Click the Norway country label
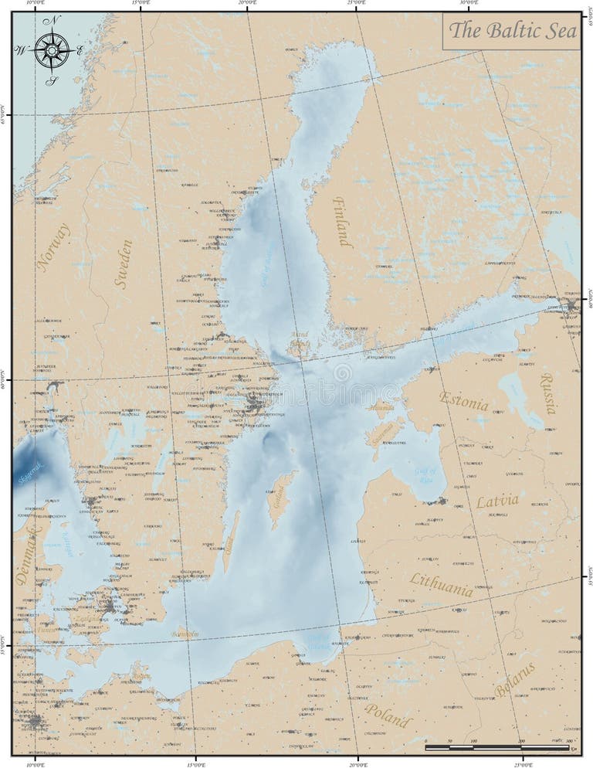point(53,247)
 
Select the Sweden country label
point(124,264)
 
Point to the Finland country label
point(342,222)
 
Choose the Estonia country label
point(463,401)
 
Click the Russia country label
point(547,392)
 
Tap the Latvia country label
point(496,501)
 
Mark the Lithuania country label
point(442,585)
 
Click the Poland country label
point(388,715)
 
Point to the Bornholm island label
point(185,634)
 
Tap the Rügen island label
point(141,677)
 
